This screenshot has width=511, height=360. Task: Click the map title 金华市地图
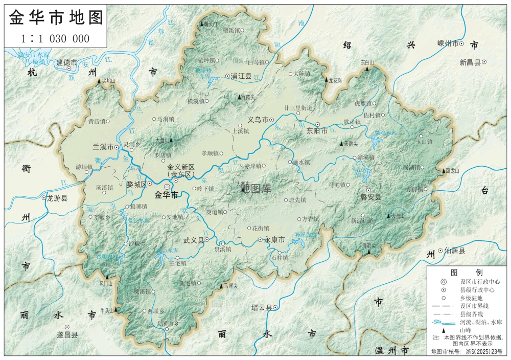click(56, 17)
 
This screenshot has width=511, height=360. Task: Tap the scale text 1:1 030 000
click(55, 38)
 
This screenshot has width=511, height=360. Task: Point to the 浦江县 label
click(241, 76)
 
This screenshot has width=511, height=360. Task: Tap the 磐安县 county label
click(370, 197)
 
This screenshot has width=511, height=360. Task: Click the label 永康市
click(274, 239)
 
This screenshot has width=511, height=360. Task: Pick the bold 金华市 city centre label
click(167, 195)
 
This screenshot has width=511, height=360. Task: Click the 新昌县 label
click(470, 62)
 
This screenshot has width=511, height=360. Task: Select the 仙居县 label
click(455, 251)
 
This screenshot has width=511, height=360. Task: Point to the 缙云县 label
click(262, 307)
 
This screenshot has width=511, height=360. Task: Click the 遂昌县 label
click(67, 335)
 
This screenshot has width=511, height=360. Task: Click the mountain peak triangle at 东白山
click(367, 69)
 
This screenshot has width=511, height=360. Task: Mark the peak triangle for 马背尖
click(221, 286)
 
